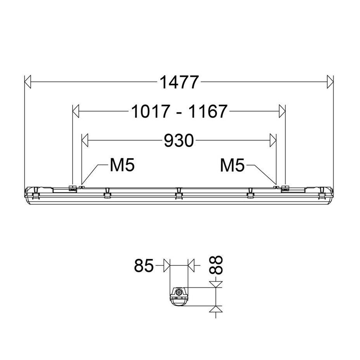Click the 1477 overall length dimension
(178, 82)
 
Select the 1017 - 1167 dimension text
(179, 111)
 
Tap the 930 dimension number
(179, 140)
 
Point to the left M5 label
(122, 165)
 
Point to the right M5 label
(232, 165)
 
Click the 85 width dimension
(144, 266)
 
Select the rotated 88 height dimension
(216, 265)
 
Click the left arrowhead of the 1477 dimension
(28, 81)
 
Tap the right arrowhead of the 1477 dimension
(330, 81)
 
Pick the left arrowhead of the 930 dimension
(85, 140)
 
